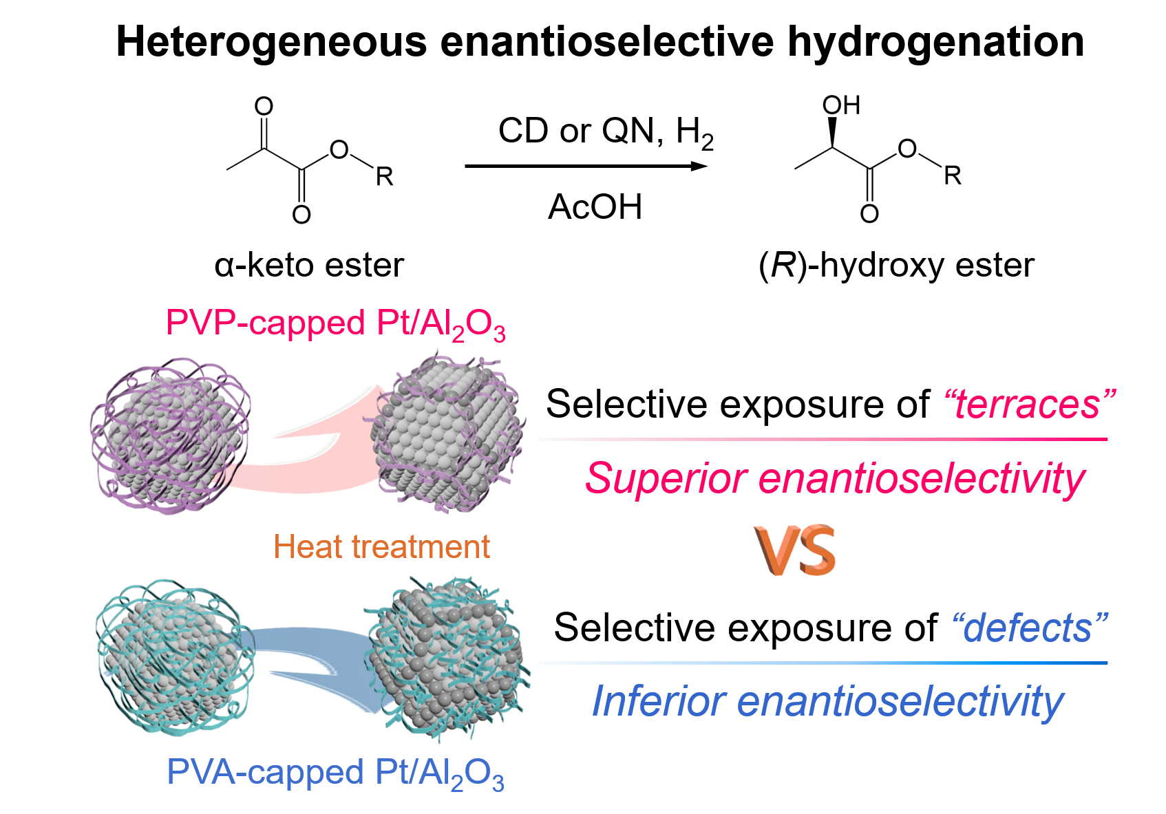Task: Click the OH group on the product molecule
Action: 841,105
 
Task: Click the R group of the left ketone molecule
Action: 384,177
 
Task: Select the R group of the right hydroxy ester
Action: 953,175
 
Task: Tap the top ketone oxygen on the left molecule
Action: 264,106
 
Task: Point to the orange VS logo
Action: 794,553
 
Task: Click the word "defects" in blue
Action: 1028,628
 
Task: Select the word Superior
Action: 665,478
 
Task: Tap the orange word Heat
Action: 308,547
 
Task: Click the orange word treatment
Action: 421,547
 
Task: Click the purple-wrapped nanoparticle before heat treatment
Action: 170,435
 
